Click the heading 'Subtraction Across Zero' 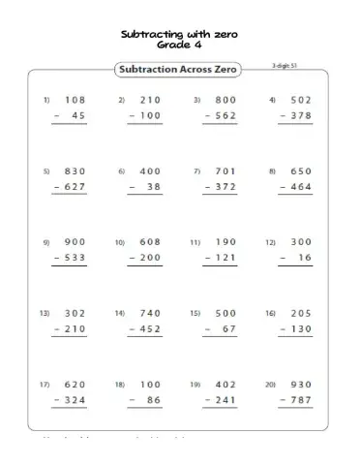pos(180,70)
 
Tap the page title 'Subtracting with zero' pos(179,34)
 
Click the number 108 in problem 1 pos(75,100)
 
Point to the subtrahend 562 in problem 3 pos(225,116)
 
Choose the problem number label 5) pos(45,171)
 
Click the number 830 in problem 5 pos(75,171)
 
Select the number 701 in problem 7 pos(225,171)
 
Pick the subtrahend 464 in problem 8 pos(301,188)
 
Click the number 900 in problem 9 pos(75,242)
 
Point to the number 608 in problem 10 pos(150,242)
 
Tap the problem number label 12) pos(272,242)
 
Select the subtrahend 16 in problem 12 pos(305,259)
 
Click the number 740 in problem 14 pos(150,313)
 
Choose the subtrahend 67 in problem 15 pos(229,329)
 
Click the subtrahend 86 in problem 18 pos(154,400)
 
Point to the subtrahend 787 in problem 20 pos(301,400)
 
